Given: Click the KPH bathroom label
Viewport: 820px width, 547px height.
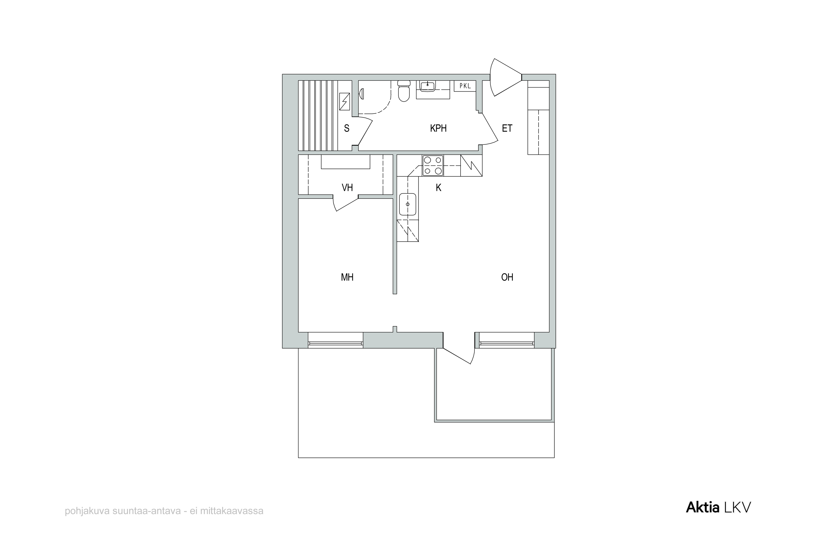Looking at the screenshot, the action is point(438,128).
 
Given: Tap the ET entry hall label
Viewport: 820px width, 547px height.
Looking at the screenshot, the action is point(507,128).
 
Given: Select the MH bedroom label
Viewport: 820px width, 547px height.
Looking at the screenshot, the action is point(347,277).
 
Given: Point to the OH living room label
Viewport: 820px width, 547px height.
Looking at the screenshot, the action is point(507,277).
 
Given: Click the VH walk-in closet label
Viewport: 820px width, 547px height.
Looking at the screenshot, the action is point(347,188).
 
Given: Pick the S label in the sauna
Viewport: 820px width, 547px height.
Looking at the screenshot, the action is point(347,128).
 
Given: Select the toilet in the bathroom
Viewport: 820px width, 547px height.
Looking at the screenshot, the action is point(404,91).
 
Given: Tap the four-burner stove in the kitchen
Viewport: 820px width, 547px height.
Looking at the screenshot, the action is point(433,165).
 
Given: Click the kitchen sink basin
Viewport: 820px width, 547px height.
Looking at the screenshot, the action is point(408,204).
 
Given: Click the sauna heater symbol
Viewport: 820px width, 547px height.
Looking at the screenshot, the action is point(344,101).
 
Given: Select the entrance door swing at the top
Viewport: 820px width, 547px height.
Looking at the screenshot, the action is point(505,77).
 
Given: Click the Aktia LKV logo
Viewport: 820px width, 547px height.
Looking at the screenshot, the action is point(718,508).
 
